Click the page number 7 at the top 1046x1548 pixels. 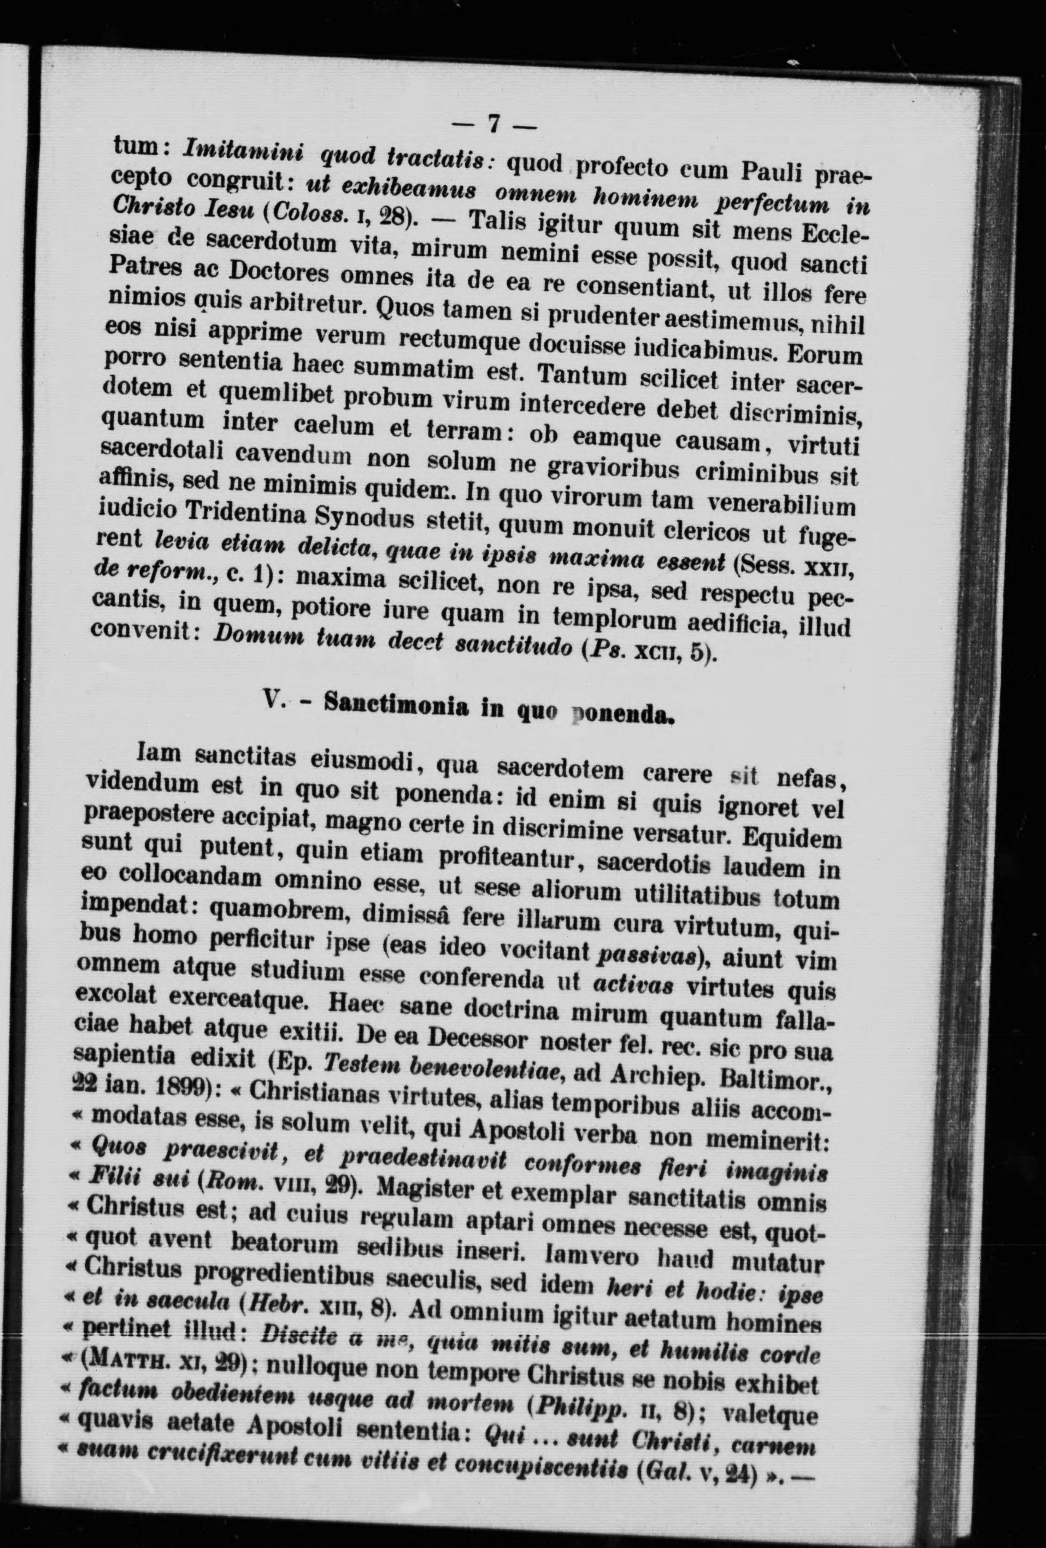494,125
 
